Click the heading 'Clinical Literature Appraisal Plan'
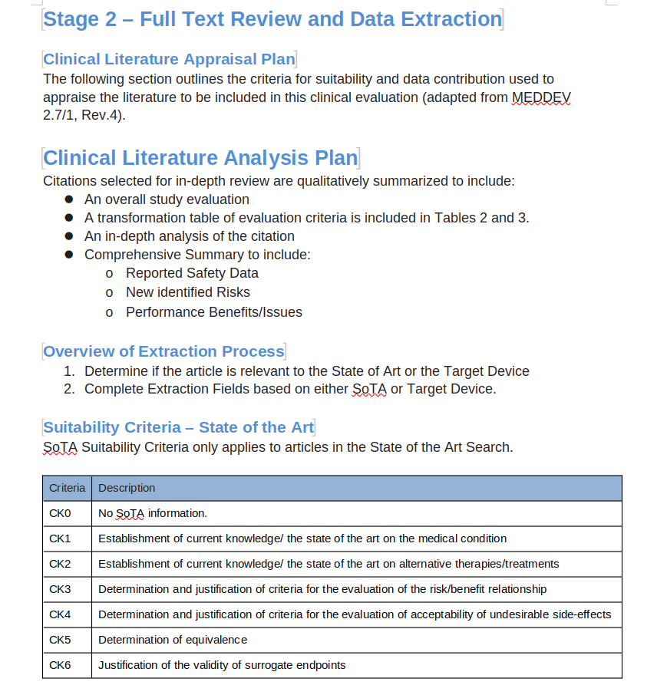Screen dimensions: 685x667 (169, 59)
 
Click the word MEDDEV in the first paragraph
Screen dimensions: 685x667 (541, 97)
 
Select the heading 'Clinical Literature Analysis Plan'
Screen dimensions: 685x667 (200, 158)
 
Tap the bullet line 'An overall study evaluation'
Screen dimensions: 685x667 (167, 199)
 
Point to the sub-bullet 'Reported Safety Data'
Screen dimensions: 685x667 (192, 273)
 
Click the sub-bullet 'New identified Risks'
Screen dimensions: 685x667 (187, 292)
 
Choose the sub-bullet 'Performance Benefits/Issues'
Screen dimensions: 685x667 (213, 312)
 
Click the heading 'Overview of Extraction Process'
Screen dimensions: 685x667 (163, 351)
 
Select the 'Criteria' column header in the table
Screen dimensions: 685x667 (68, 488)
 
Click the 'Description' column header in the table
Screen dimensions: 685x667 (127, 488)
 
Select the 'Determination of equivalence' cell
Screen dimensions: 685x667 (173, 640)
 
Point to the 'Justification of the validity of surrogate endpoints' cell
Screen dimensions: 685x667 (222, 665)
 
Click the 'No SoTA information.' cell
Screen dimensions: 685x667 (153, 513)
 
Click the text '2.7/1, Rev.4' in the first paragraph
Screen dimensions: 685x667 (82, 117)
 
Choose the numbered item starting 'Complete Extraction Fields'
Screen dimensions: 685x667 (290, 389)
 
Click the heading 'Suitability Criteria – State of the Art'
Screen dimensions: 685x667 (178, 427)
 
